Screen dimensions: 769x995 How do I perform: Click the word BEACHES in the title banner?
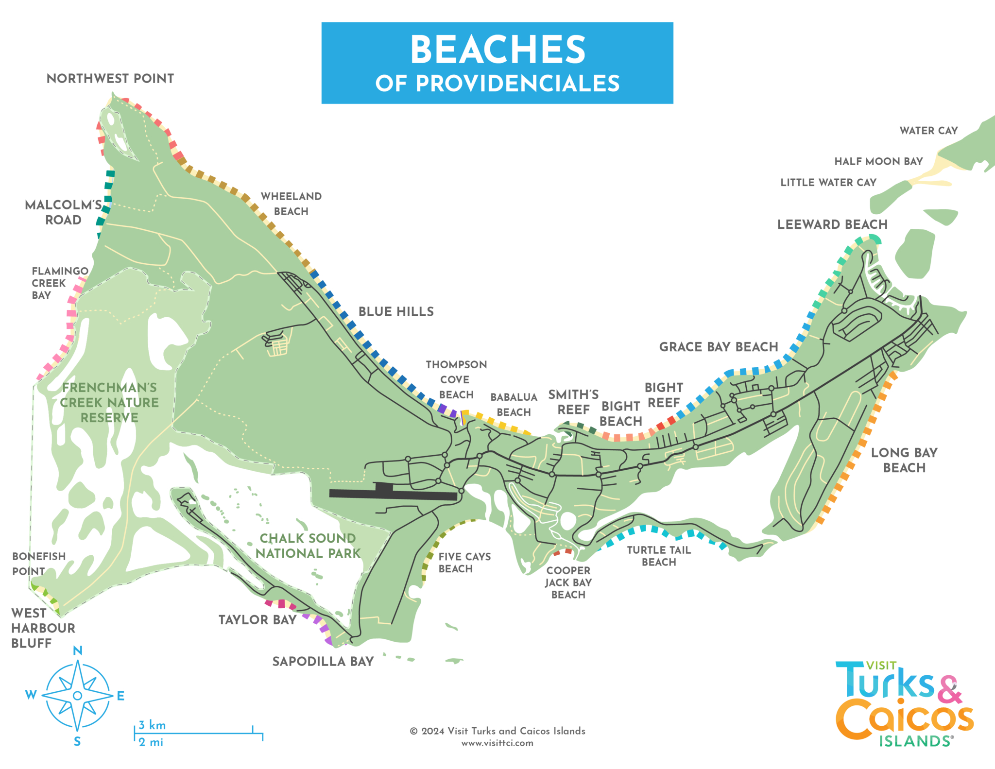497,50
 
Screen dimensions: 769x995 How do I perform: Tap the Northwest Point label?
110,79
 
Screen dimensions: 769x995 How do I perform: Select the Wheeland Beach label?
291,204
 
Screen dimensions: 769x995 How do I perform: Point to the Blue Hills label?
396,312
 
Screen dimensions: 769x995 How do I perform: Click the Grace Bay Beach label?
719,347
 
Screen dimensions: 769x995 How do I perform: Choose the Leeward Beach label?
832,224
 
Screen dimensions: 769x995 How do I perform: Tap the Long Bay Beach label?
904,460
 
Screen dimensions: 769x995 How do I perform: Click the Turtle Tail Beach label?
659,556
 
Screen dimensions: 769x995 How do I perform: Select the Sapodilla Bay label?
323,661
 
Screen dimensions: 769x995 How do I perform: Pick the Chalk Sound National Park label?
308,546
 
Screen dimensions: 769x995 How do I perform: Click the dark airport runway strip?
394,495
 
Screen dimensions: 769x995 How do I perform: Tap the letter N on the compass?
78,650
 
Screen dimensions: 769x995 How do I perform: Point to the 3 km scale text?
152,725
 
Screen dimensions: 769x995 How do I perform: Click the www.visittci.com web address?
497,743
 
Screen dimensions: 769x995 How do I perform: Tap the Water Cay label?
928,131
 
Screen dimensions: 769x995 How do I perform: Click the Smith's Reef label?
573,402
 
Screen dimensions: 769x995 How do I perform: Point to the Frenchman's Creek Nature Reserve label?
109,402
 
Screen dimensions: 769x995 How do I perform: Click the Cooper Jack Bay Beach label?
568,582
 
